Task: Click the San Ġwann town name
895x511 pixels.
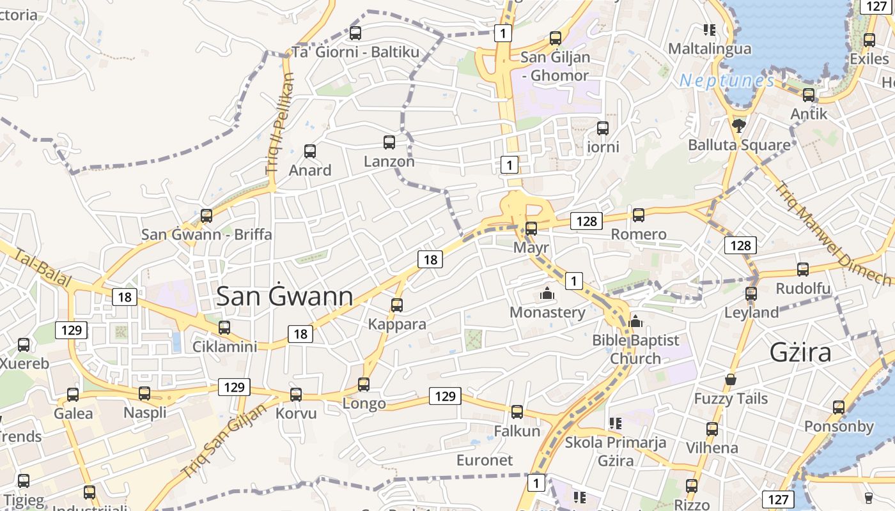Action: click(284, 296)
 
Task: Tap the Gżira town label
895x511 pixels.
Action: click(800, 352)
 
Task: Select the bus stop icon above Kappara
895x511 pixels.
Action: click(397, 305)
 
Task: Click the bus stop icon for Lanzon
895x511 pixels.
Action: click(389, 142)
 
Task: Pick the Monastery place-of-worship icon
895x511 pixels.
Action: click(547, 294)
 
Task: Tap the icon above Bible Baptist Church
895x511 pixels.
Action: click(635, 321)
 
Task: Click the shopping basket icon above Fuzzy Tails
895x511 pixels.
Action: click(731, 380)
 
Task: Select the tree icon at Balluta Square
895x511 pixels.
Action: click(739, 125)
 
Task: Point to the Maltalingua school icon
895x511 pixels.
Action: click(709, 30)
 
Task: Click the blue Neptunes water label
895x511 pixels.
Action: click(727, 80)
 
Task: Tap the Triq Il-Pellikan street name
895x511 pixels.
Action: click(281, 125)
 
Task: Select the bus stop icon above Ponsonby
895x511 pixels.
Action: click(839, 408)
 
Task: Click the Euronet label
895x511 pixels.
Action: click(485, 460)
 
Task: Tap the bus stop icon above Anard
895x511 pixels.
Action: click(310, 151)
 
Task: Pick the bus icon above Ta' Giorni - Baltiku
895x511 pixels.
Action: click(355, 33)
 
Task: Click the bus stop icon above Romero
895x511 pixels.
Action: click(638, 215)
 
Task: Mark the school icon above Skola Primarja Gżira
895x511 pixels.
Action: click(616, 423)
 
